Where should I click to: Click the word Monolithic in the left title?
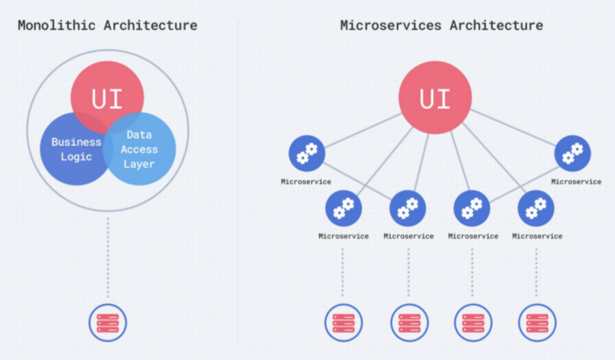pos(56,25)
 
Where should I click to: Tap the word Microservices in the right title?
pos(391,25)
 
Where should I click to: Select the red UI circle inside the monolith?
pos(107,97)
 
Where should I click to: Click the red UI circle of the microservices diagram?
pos(435,97)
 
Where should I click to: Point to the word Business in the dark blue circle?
pos(76,142)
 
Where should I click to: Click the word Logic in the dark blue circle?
pos(76,157)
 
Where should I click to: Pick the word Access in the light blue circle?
pos(139,149)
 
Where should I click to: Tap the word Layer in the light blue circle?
pos(139,164)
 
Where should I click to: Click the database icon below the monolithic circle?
pos(107,323)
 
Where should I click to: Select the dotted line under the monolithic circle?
pos(108,257)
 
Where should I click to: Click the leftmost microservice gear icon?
pos(307,154)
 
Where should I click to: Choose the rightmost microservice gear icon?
pos(572,154)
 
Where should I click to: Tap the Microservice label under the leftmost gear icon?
pos(306,182)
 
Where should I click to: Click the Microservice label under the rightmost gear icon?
pos(576,182)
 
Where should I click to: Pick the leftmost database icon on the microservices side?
pos(344,323)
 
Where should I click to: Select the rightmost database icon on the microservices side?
pos(538,323)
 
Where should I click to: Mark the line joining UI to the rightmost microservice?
pos(513,127)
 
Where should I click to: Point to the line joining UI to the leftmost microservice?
pos(363,131)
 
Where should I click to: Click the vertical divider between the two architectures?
pos(237,180)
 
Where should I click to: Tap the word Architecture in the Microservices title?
pos(496,25)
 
